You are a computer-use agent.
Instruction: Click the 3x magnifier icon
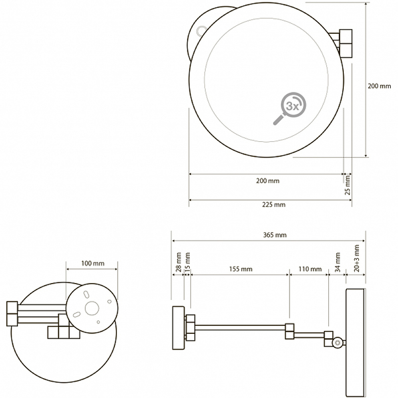pyautogui.click(x=290, y=108)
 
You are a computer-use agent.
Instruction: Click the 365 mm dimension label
pyautogui.click(x=275, y=235)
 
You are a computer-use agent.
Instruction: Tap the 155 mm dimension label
pyautogui.click(x=241, y=269)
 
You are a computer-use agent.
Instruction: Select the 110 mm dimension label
pyautogui.click(x=310, y=269)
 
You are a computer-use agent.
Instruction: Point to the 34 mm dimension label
pyautogui.click(x=338, y=262)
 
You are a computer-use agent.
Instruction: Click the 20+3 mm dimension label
pyautogui.click(x=357, y=258)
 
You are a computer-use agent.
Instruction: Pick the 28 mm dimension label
pyautogui.click(x=179, y=262)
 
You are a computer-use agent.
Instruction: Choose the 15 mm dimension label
pyautogui.click(x=188, y=262)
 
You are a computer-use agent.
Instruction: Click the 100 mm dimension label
pyautogui.click(x=93, y=264)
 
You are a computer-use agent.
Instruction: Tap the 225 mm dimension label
pyautogui.click(x=274, y=204)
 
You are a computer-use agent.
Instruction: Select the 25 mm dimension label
pyautogui.click(x=347, y=185)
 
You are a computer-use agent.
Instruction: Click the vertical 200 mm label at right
pyautogui.click(x=379, y=86)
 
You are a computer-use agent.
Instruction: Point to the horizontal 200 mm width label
pyautogui.click(x=268, y=181)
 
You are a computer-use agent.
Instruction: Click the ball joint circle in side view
pyautogui.click(x=338, y=343)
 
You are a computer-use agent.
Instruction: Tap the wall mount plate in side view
pyautogui.click(x=179, y=328)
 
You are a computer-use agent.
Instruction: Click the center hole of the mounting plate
pyautogui.click(x=92, y=308)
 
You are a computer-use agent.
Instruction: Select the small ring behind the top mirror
pyautogui.click(x=201, y=31)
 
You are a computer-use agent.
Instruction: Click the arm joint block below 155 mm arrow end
pyautogui.click(x=290, y=331)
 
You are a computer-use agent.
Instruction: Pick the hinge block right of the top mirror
pyautogui.click(x=346, y=43)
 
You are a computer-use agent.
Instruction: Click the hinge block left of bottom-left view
pyautogui.click(x=12, y=313)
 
